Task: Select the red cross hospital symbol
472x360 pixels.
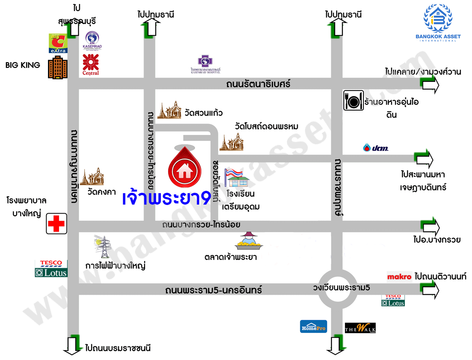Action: coord(56,224)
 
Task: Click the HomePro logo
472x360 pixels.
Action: coord(313,327)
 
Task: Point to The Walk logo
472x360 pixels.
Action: coord(360,327)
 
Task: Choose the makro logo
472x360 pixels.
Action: coord(399,276)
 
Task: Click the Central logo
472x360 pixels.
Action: coord(91,65)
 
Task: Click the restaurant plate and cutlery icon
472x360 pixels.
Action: coord(353,100)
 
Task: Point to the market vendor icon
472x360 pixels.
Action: coord(249,241)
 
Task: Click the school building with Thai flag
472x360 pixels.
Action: coord(237,178)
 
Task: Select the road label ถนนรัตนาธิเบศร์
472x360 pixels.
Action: coord(258,84)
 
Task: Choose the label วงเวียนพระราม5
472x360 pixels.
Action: coord(341,288)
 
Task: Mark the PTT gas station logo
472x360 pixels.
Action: coord(375,148)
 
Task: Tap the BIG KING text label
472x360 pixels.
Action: coord(23,65)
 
